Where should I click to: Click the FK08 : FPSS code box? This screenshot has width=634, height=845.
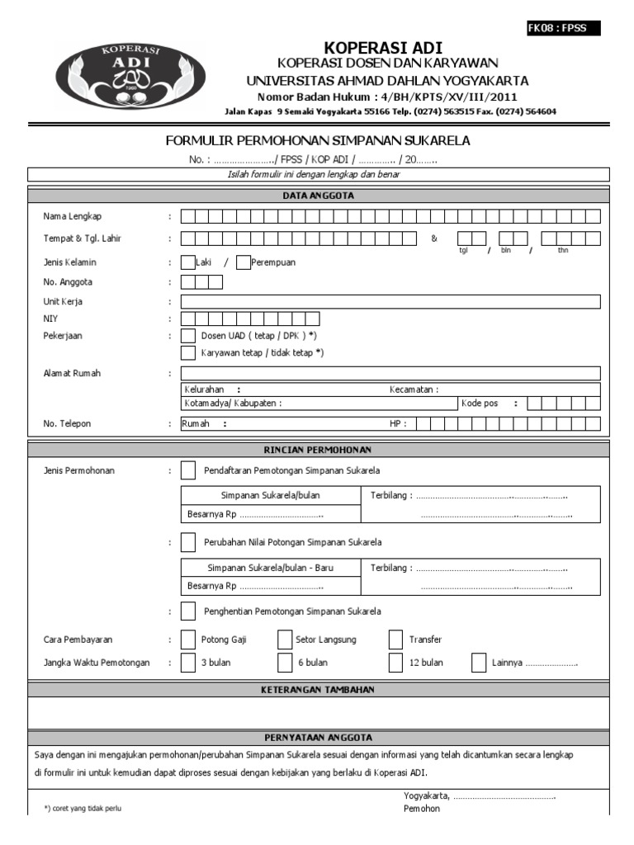[x=564, y=28]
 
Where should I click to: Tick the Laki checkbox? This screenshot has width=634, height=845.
[x=187, y=262]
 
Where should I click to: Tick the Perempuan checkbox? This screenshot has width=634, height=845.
[x=243, y=262]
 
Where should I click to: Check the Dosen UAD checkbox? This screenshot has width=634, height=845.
[x=187, y=336]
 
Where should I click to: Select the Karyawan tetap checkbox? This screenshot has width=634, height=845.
[x=187, y=352]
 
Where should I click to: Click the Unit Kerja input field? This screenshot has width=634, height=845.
[x=390, y=302]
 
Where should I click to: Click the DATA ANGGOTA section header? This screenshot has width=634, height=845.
[x=318, y=196]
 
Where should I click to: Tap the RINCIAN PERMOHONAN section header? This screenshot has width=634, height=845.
[x=318, y=450]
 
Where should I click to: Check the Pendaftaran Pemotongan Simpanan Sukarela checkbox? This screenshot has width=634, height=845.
[x=189, y=471]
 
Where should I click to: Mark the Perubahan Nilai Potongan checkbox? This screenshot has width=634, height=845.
[x=189, y=542]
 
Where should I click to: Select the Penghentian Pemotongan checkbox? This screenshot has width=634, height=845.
[x=189, y=611]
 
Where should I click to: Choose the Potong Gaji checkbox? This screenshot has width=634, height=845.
[x=187, y=640]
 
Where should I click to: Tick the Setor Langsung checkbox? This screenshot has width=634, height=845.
[x=284, y=640]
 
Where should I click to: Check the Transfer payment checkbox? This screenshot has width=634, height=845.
[x=395, y=640]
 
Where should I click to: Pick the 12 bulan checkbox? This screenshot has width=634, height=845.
[x=395, y=663]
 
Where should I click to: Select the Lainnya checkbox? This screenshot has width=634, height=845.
[x=479, y=663]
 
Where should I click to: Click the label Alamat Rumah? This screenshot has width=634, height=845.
[x=72, y=374]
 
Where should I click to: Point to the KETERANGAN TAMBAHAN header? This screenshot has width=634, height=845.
[x=318, y=690]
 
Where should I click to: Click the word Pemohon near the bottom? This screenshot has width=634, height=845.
[x=422, y=809]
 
